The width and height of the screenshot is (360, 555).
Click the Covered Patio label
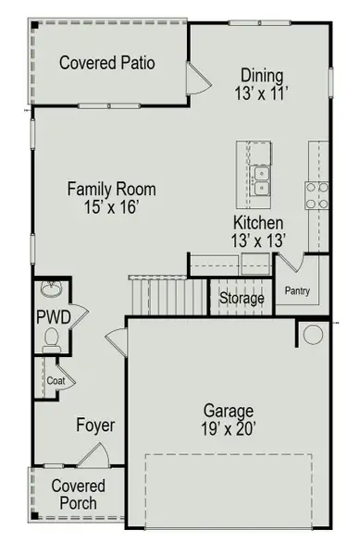click(x=106, y=63)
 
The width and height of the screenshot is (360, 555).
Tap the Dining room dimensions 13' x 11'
click(x=263, y=93)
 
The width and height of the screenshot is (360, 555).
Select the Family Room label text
click(x=111, y=190)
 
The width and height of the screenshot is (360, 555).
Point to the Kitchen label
click(x=258, y=223)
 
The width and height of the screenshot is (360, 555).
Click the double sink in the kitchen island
click(x=260, y=180)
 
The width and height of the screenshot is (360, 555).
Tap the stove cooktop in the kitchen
click(x=317, y=195)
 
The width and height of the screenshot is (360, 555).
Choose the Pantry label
click(x=297, y=293)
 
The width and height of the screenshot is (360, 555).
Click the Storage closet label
click(x=242, y=299)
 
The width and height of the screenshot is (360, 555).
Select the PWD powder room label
click(x=48, y=317)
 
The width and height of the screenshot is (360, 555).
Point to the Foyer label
click(x=96, y=425)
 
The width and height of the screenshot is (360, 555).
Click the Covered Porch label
click(x=78, y=495)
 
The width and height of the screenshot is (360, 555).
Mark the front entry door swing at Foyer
click(x=93, y=454)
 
